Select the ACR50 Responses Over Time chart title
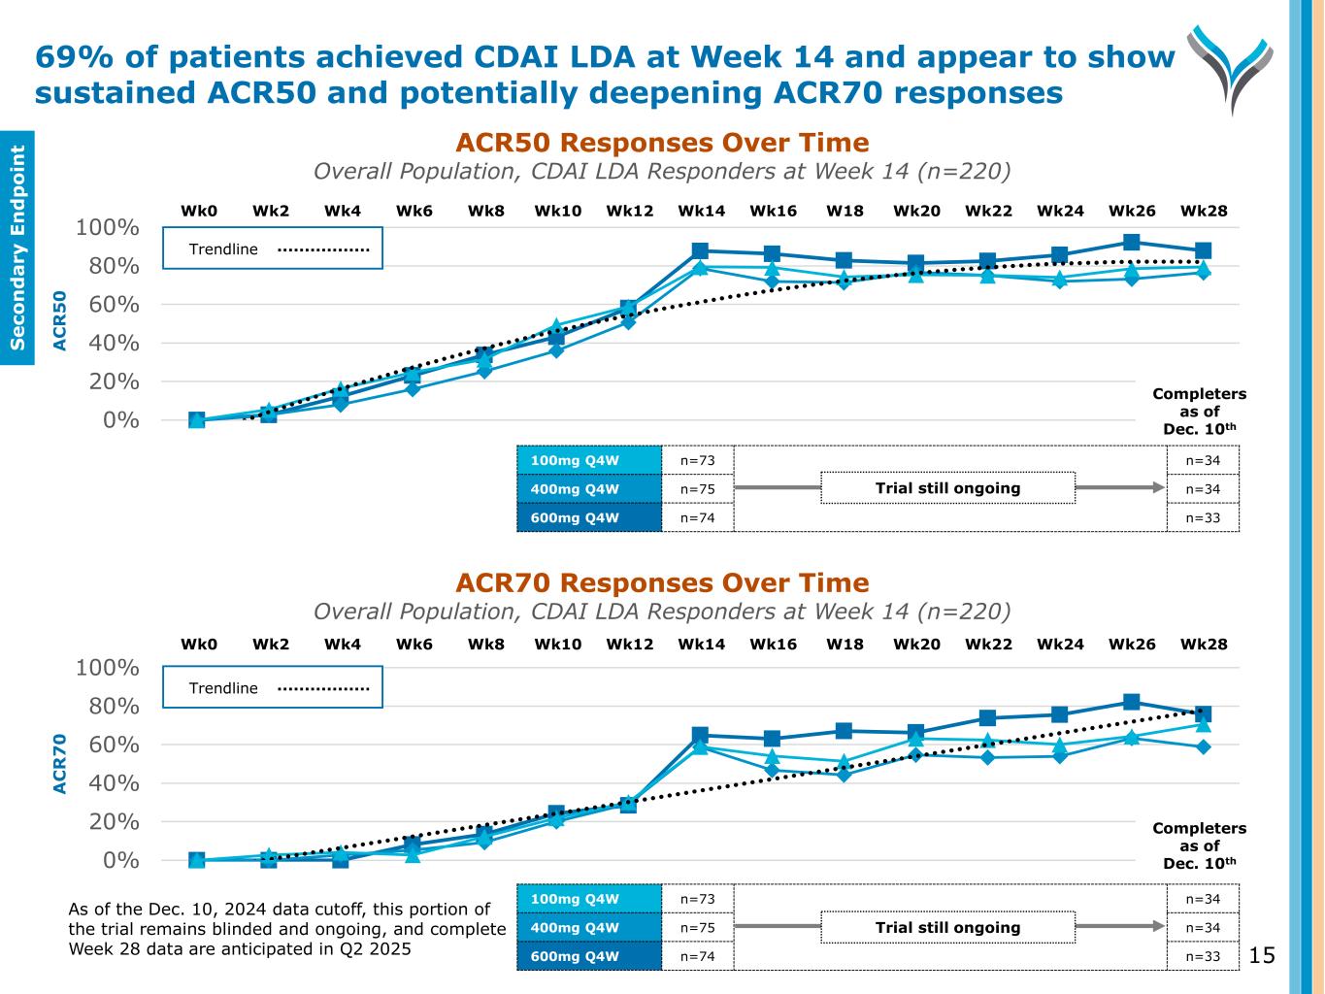click(x=662, y=143)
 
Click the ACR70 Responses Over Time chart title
click(x=662, y=582)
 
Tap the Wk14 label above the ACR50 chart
click(x=701, y=211)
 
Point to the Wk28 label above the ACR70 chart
click(x=1204, y=644)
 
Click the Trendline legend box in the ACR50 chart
click(x=273, y=248)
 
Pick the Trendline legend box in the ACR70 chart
click(x=273, y=687)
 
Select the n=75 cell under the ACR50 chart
click(x=697, y=489)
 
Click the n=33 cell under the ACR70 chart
click(x=1203, y=956)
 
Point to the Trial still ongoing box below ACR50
click(x=947, y=488)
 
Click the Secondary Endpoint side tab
click(x=17, y=248)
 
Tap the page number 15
click(x=1262, y=956)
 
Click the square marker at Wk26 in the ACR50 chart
click(x=1132, y=242)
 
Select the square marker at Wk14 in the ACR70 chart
click(x=700, y=736)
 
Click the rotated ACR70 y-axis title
click(x=60, y=764)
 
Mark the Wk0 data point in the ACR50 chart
click(x=197, y=420)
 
